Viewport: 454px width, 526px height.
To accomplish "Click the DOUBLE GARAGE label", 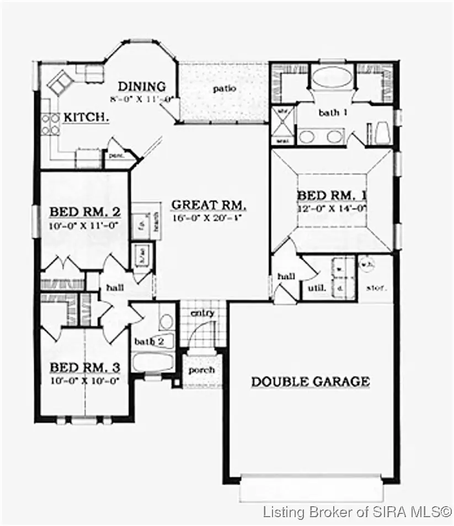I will [310, 381].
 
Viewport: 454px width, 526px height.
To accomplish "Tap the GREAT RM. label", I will [209, 205].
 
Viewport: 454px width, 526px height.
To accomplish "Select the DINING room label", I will [142, 87].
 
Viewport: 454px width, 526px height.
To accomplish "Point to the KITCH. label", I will [86, 117].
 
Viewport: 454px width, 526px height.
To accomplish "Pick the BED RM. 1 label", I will [332, 196].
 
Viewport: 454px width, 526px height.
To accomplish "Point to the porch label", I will [201, 370].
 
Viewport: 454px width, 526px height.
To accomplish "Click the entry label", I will [202, 313].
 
